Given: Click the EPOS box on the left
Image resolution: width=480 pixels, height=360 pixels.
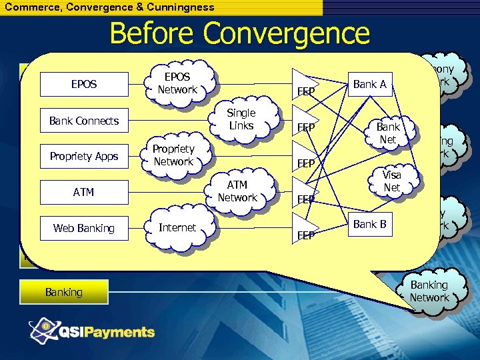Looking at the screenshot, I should pyautogui.click(x=83, y=85).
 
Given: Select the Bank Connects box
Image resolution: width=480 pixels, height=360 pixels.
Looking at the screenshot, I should pyautogui.click(x=83, y=121).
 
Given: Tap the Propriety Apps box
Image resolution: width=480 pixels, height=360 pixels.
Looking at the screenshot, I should pyautogui.click(x=83, y=156).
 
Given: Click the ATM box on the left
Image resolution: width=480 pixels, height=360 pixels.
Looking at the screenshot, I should pyautogui.click(x=83, y=192).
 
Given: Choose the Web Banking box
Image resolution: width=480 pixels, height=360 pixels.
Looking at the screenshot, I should pyautogui.click(x=83, y=228).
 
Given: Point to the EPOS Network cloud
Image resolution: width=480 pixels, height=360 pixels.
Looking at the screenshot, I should pyautogui.click(x=177, y=83).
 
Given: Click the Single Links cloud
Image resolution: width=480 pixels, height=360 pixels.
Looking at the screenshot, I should pyautogui.click(x=241, y=119).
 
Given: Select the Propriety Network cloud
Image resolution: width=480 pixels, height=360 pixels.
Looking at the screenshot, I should pyautogui.click(x=173, y=155).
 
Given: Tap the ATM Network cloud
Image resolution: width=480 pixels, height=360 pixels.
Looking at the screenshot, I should pyautogui.click(x=237, y=191).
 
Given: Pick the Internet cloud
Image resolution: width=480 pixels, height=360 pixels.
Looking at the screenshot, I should pyautogui.click(x=177, y=227).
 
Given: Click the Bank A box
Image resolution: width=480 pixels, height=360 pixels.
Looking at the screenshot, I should pyautogui.click(x=369, y=84).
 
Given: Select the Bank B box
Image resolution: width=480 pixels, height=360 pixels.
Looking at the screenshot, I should pyautogui.click(x=369, y=224).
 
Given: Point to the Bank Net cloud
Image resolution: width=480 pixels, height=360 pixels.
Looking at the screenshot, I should pyautogui.click(x=387, y=133).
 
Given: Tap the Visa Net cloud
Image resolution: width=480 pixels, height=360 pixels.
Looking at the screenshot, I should pyautogui.click(x=391, y=181).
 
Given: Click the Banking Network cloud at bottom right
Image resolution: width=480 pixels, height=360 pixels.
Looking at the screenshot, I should pyautogui.click(x=429, y=291).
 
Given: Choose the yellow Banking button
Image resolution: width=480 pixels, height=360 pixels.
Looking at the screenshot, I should pyautogui.click(x=63, y=292).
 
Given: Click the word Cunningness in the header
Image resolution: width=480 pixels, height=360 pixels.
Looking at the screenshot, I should pyautogui.click(x=181, y=7).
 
